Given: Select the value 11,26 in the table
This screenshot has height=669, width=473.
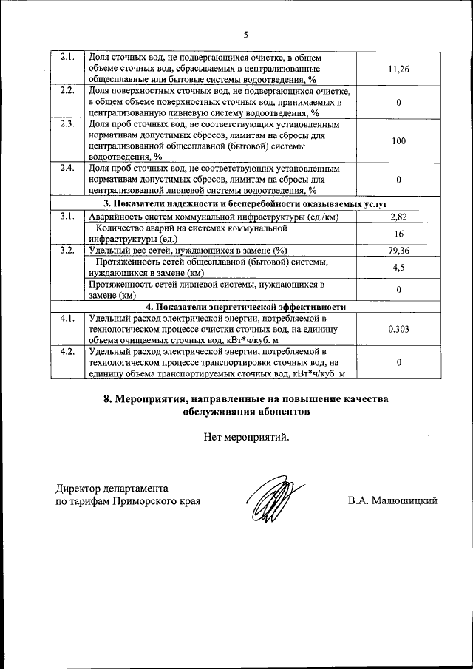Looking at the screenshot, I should click(398, 69).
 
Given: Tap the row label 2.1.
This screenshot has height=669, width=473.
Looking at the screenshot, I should click(67, 58).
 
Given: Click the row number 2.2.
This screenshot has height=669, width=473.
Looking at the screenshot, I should click(67, 91).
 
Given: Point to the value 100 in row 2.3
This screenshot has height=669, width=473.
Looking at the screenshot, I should click(398, 140).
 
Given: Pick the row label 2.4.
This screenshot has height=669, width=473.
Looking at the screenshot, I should click(67, 169).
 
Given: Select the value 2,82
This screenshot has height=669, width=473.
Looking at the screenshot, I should click(398, 216).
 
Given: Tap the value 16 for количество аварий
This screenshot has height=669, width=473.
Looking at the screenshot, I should click(398, 233).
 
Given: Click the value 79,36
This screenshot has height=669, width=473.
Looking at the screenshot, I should click(398, 251).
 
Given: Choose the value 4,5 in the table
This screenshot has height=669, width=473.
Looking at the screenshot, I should click(398, 268).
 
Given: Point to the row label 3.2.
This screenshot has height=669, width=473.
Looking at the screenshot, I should click(67, 251).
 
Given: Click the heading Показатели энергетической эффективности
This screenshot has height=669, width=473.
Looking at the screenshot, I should click(245, 307).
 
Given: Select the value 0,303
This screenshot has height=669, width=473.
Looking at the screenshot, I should click(398, 330).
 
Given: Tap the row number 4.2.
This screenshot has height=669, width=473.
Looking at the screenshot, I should click(67, 351).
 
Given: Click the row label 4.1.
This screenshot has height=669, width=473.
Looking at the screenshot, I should click(67, 319).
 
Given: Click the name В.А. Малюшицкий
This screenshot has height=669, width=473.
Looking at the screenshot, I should click(392, 500).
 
